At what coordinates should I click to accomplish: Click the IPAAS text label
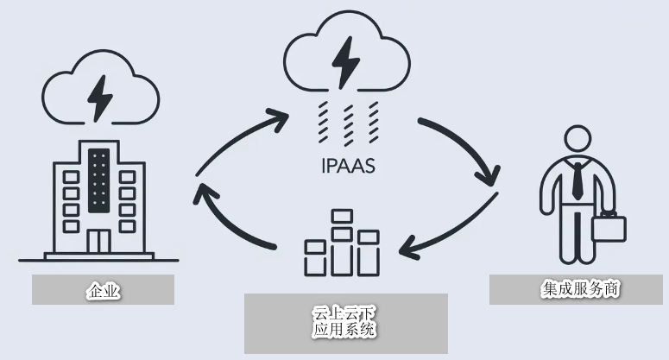348,166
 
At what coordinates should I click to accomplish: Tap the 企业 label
104,291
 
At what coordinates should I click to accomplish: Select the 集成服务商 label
580,288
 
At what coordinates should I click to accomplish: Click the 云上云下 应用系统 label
344,322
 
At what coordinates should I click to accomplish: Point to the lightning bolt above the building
100,98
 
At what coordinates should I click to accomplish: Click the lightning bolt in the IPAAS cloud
345,62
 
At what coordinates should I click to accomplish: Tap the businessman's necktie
577,180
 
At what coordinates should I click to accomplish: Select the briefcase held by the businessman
609,226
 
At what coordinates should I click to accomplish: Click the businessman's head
577,138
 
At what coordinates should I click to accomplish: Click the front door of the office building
99,241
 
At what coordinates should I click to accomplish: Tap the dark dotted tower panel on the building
99,180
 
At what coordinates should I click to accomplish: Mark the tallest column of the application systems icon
342,243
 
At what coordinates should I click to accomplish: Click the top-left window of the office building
72,177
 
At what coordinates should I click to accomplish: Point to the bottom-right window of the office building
127,226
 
